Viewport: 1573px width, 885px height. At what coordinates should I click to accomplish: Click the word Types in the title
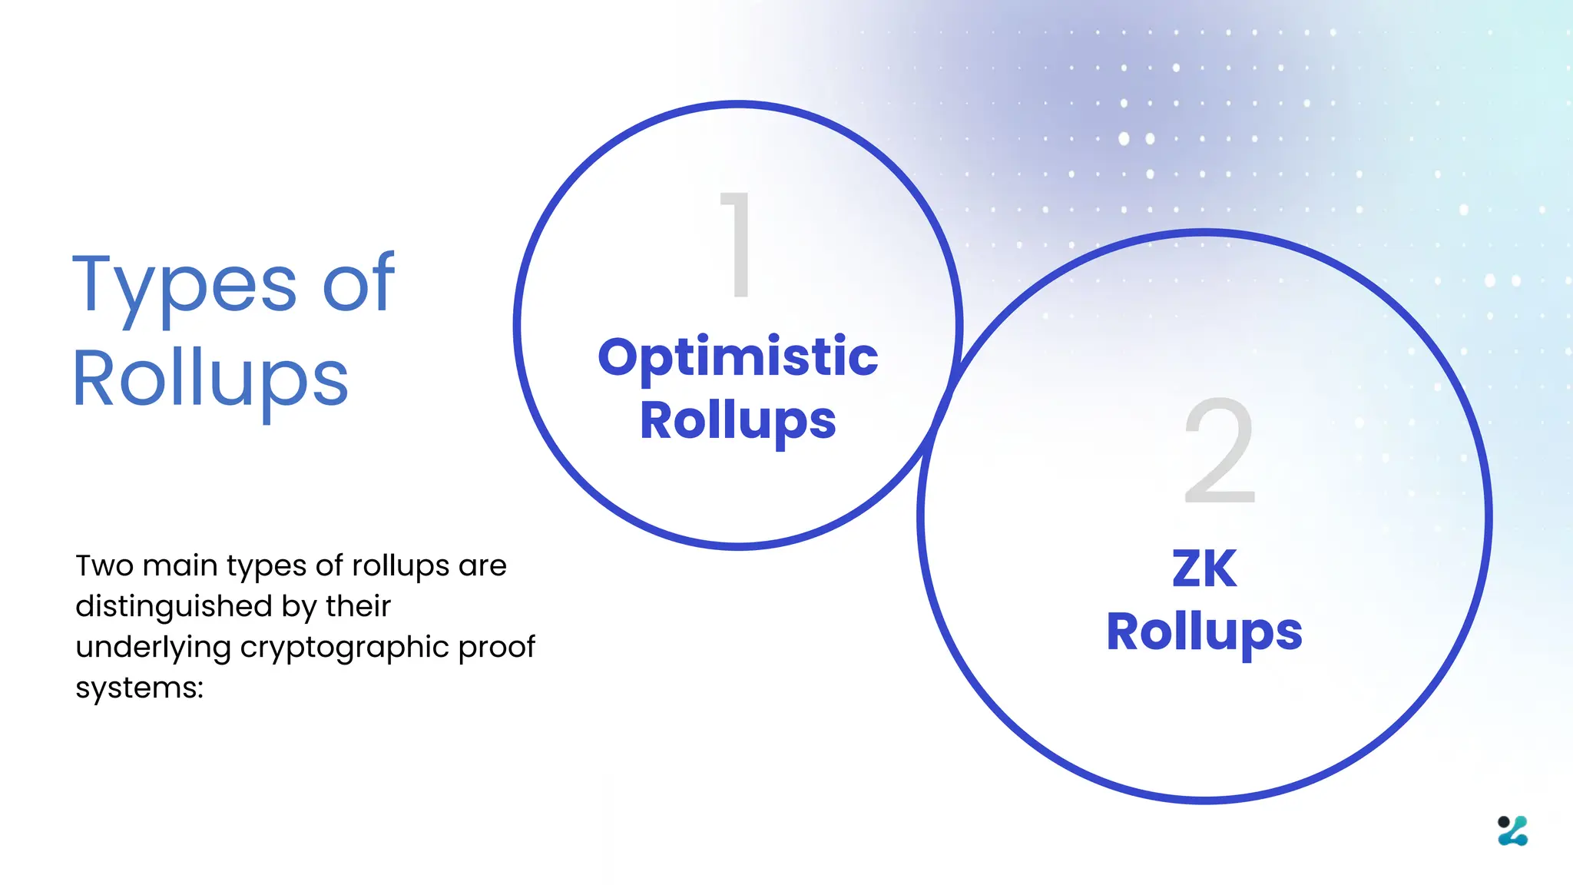[x=184, y=286]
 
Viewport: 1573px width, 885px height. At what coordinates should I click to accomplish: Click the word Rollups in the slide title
[x=210, y=378]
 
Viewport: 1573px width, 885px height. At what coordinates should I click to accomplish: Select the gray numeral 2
[x=1220, y=451]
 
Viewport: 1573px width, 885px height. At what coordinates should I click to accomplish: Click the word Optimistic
[x=737, y=356]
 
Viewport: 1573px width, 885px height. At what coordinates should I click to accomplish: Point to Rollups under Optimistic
[x=737, y=421]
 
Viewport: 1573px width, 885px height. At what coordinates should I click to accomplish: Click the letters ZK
[x=1204, y=568]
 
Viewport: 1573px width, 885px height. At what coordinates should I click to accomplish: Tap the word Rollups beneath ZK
[x=1204, y=632]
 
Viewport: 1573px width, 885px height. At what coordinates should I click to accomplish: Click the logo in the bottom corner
[x=1512, y=830]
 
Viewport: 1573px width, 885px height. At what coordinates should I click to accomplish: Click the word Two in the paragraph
[x=104, y=565]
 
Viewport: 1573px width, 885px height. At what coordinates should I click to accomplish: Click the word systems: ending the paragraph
[x=139, y=688]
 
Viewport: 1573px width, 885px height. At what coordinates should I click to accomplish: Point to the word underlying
[x=153, y=647]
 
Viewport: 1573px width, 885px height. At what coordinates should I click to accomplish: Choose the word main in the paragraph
[x=180, y=565]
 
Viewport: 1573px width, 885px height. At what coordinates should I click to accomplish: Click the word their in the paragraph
[x=358, y=606]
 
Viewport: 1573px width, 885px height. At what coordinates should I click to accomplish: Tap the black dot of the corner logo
[x=1503, y=822]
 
